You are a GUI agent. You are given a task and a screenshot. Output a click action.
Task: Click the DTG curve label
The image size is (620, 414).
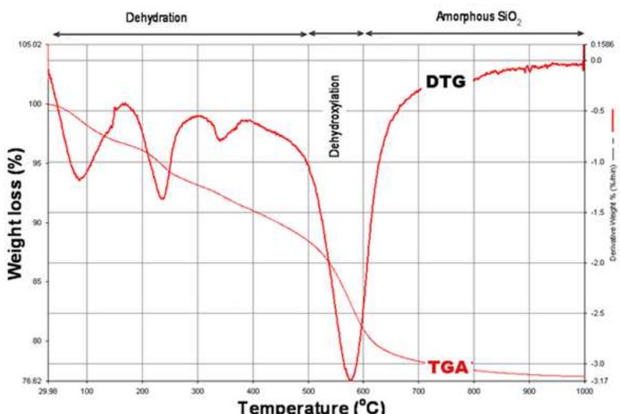[445, 82]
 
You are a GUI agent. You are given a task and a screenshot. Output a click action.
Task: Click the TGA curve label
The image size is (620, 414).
[447, 367]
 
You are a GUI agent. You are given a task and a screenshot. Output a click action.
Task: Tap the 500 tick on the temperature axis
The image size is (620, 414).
[308, 392]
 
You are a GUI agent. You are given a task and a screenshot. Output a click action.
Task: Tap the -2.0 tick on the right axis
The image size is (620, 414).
[597, 263]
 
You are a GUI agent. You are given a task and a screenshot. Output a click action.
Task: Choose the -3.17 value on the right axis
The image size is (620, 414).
[597, 381]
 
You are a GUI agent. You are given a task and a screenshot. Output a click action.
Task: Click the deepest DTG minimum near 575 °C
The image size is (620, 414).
[351, 379]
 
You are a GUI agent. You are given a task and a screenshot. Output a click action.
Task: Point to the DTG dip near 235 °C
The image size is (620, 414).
[162, 198]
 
